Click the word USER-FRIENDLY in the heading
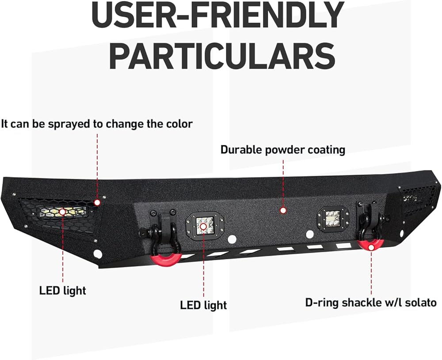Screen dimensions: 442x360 click(x=217, y=17)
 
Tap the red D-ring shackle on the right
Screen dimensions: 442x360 click(x=370, y=244)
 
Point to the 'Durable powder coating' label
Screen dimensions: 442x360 click(x=282, y=150)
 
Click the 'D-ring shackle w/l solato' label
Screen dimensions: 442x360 click(x=371, y=303)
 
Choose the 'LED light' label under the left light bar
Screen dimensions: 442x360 click(x=62, y=291)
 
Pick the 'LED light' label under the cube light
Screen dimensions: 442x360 click(x=203, y=305)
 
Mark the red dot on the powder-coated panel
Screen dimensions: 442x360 click(x=283, y=211)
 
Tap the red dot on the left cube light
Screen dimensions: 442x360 click(x=203, y=226)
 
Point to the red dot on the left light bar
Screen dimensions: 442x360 click(x=62, y=212)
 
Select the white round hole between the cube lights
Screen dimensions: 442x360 click(x=232, y=239)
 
